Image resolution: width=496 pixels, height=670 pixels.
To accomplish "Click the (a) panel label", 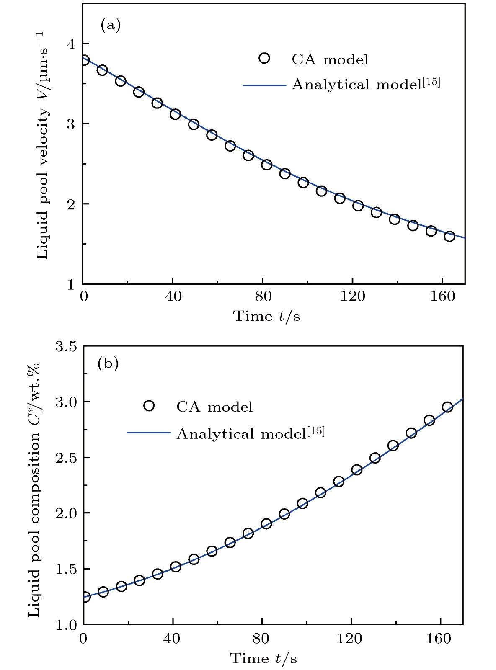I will coord(110,26).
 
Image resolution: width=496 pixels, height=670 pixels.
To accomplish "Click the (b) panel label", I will coord(108,363).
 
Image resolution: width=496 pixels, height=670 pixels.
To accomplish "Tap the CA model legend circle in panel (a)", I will coord(264,58).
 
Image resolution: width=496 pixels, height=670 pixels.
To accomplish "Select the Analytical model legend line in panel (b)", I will coord(149,433).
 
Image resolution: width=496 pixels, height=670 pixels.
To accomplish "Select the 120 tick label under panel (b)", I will coord(351,638).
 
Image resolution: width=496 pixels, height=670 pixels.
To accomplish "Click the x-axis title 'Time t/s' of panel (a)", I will coord(266,316).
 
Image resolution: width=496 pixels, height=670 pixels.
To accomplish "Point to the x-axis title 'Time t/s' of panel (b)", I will coord(263,659).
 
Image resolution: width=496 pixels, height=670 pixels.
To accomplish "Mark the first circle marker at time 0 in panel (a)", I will coord(84,60).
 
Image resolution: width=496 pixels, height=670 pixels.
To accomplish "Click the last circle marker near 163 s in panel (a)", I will coord(449,236).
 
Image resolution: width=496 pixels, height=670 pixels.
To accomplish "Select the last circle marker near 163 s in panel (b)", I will coord(447,407).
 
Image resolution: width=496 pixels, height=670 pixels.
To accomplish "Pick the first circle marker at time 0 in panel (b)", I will coord(85,597).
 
